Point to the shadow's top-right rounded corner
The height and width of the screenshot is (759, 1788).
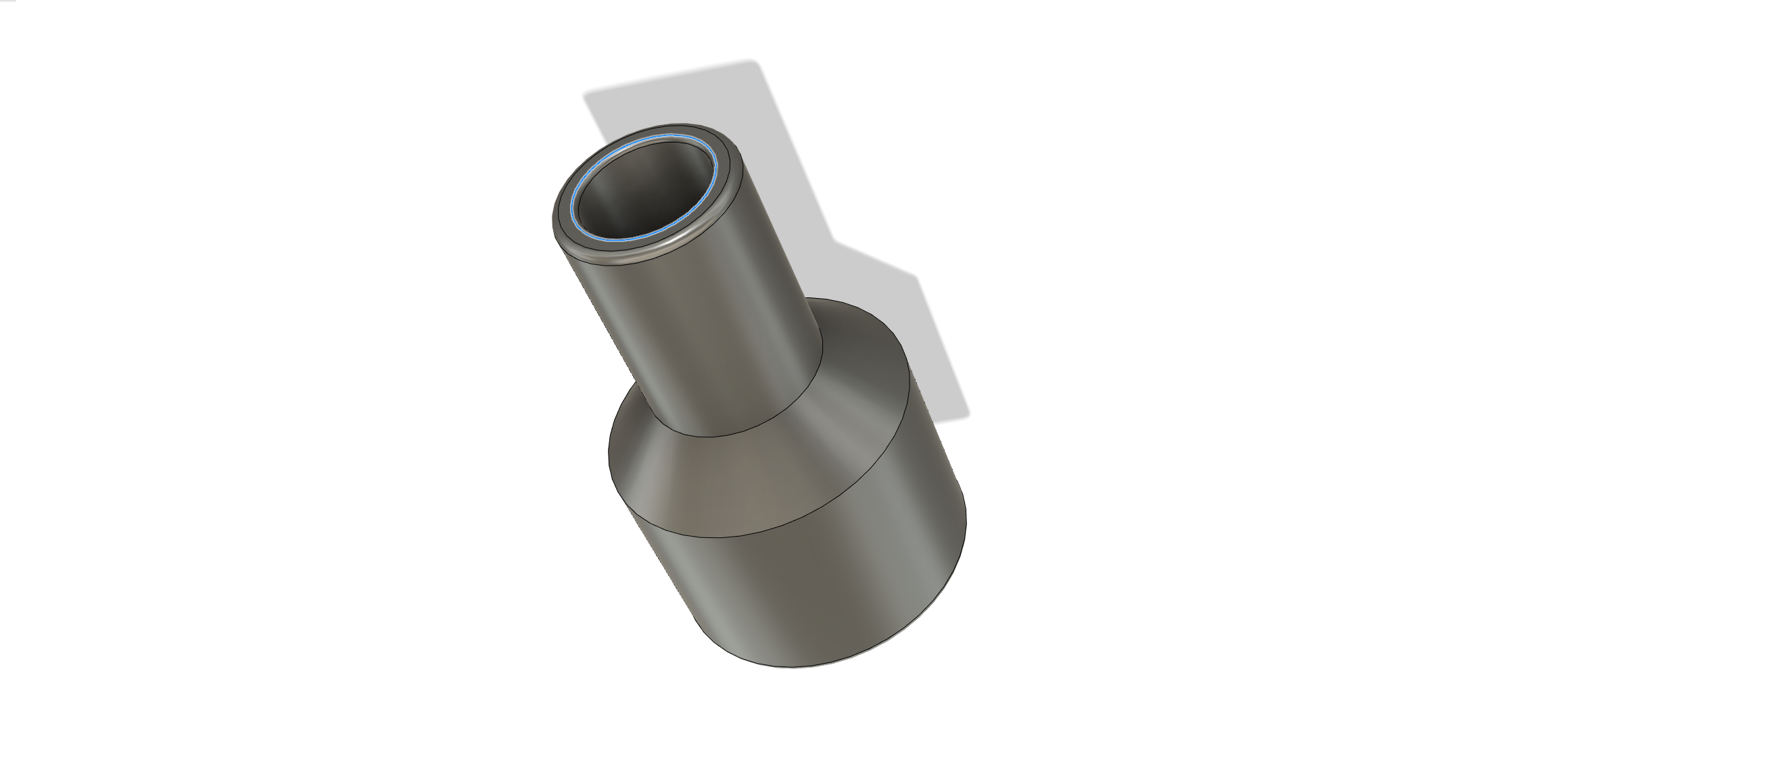coord(757,64)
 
